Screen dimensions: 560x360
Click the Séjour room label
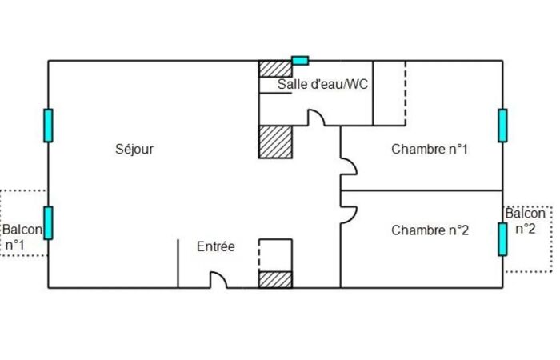pyautogui.click(x=134, y=149)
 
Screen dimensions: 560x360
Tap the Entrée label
pyautogui.click(x=216, y=246)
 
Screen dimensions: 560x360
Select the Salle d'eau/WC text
pyautogui.click(x=322, y=84)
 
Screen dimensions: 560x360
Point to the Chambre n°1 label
pyautogui.click(x=430, y=149)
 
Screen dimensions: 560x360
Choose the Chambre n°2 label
pyautogui.click(x=430, y=230)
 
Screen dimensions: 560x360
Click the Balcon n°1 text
pyautogui.click(x=22, y=237)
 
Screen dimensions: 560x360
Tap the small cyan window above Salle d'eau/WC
pyautogui.click(x=300, y=61)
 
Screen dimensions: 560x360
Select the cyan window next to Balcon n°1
pyautogui.click(x=48, y=223)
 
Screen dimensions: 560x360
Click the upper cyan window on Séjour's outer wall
pyautogui.click(x=48, y=126)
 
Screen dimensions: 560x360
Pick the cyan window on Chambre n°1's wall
pyautogui.click(x=502, y=126)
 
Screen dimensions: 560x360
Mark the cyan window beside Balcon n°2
pyautogui.click(x=502, y=239)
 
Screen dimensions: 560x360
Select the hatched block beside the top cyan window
pyautogui.click(x=275, y=69)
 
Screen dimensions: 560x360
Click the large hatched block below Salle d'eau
pyautogui.click(x=275, y=142)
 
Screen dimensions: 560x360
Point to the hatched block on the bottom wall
pyautogui.click(x=275, y=280)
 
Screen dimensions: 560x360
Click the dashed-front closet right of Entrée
pyautogui.click(x=275, y=255)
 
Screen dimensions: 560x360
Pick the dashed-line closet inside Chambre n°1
pyautogui.click(x=390, y=93)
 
